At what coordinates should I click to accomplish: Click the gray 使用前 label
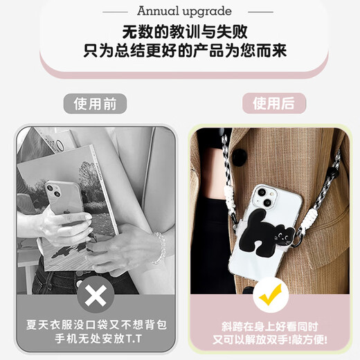pyautogui.click(x=100, y=104)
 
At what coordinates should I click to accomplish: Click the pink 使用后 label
pyautogui.click(x=273, y=104)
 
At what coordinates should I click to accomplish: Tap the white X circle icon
pyautogui.click(x=98, y=298)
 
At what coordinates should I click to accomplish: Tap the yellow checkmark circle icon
pyautogui.click(x=269, y=298)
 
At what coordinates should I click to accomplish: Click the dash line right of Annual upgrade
pyautogui.click(x=260, y=10)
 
